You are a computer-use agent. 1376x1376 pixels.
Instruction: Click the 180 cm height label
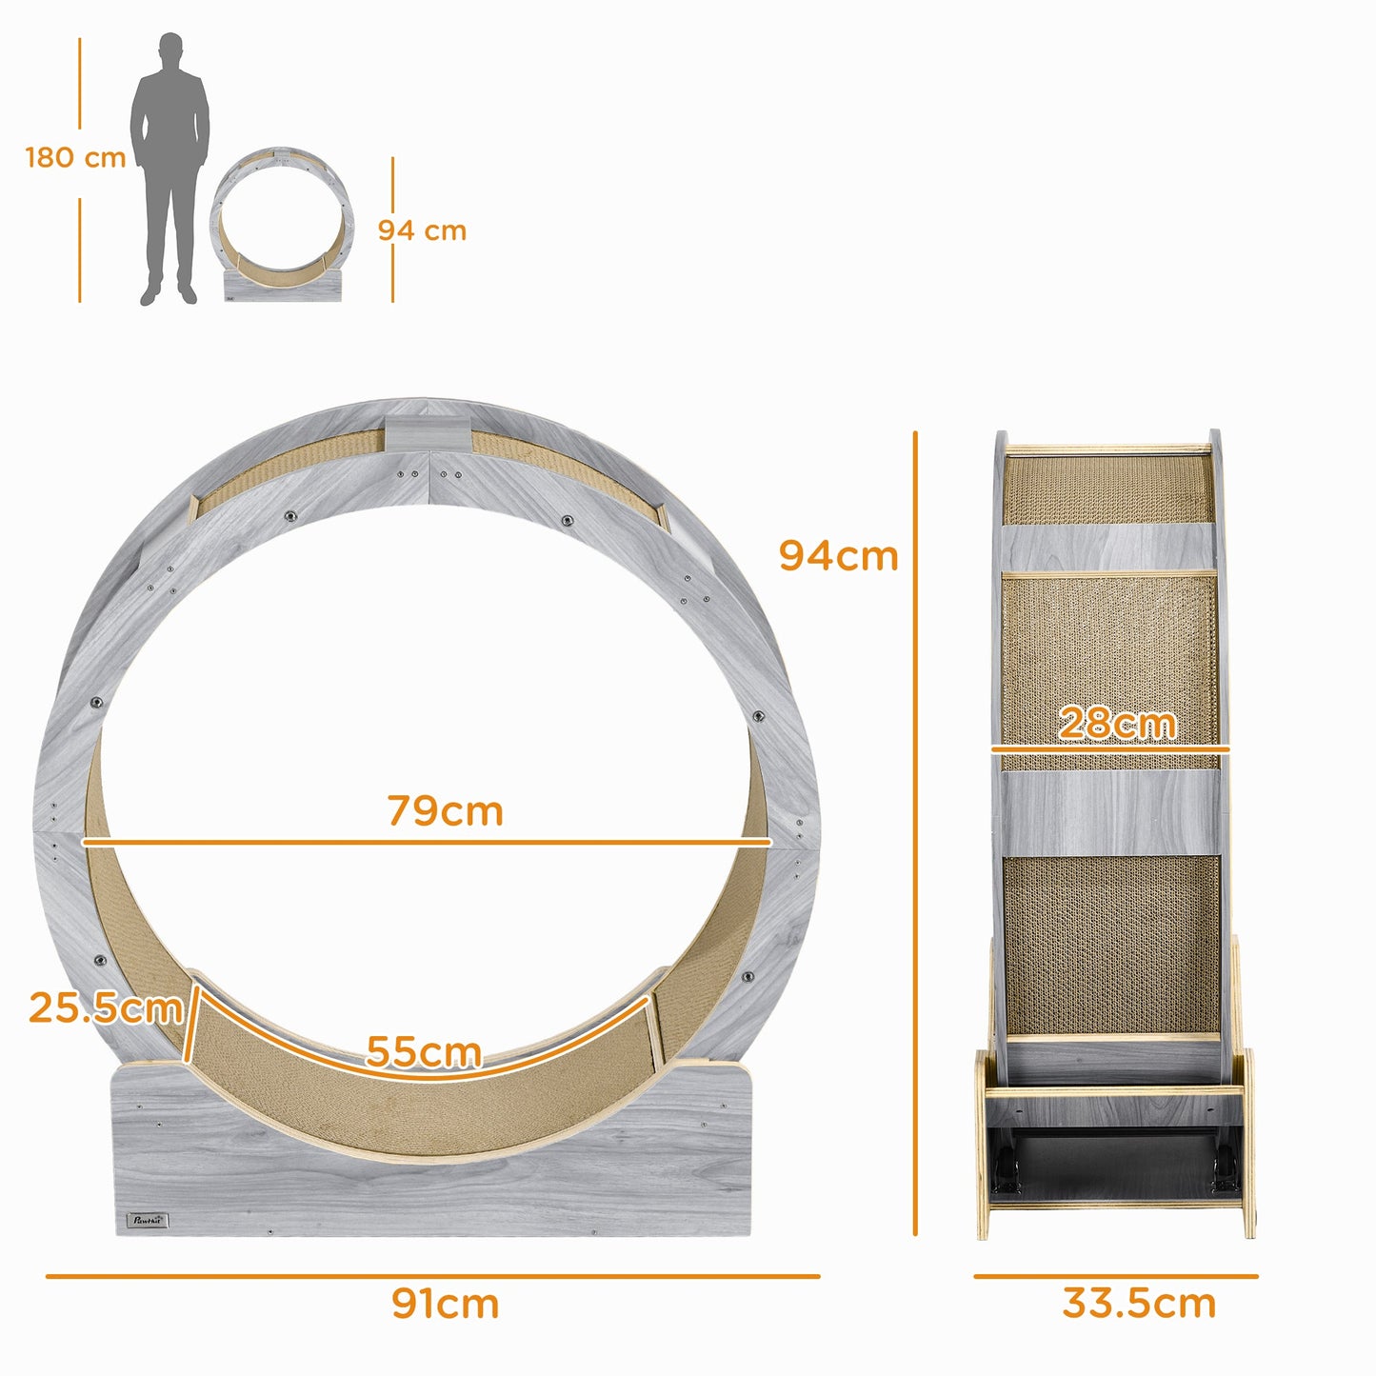[75, 157]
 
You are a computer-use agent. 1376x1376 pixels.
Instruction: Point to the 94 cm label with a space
[422, 230]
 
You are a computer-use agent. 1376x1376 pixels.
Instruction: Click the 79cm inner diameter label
[445, 811]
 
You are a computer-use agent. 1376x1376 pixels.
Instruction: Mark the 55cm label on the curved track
[424, 1051]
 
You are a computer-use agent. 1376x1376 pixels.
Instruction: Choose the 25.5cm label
[105, 1007]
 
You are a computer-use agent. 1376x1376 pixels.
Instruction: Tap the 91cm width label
[445, 1304]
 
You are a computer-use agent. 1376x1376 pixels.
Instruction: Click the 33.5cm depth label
[1139, 1304]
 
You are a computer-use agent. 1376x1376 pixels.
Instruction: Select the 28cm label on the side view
[1117, 724]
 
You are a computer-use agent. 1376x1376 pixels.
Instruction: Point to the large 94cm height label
[838, 556]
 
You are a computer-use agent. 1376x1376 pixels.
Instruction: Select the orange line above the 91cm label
[432, 1275]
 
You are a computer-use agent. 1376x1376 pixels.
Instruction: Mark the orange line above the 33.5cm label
[1115, 1275]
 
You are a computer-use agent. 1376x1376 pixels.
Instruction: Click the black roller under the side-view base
[1114, 1167]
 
